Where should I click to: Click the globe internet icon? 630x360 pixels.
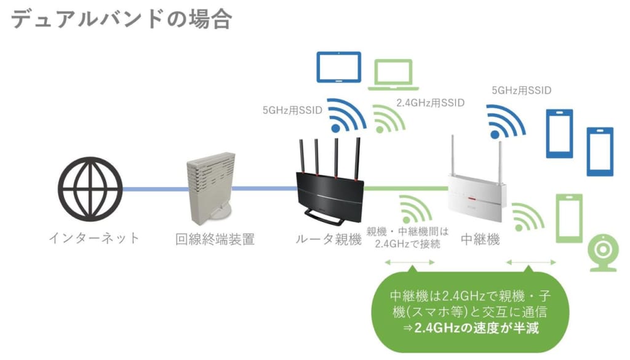[x=90, y=189]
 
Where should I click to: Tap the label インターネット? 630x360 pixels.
[x=94, y=238]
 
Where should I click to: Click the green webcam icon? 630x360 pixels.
[x=603, y=252]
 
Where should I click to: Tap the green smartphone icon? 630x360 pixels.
[x=568, y=218]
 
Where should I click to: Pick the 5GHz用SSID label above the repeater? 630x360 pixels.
[x=521, y=90]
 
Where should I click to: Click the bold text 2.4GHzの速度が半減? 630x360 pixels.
[x=477, y=327]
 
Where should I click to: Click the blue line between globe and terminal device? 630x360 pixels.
[x=154, y=188]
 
